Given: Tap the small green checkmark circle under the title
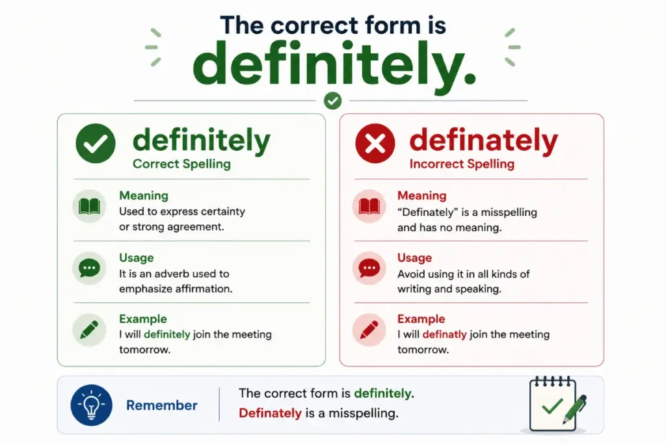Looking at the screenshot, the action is pyautogui.click(x=332, y=101).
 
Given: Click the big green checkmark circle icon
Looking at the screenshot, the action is pyautogui.click(x=96, y=144).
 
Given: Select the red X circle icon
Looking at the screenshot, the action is pyautogui.click(x=375, y=144).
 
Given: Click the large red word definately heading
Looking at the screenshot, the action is pyautogui.click(x=484, y=141).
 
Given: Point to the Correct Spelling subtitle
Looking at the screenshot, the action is pyautogui.click(x=182, y=164).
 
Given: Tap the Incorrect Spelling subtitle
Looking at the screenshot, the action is pyautogui.click(x=462, y=164).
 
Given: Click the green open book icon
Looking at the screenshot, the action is pyautogui.click(x=89, y=206).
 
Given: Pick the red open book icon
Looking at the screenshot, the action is pyautogui.click(x=369, y=206).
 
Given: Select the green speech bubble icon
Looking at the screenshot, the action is pyautogui.click(x=89, y=268).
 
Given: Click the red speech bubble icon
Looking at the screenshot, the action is pyautogui.click(x=369, y=268).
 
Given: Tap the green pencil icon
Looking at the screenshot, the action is pyautogui.click(x=89, y=330).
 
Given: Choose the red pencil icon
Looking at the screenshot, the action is pyautogui.click(x=369, y=330).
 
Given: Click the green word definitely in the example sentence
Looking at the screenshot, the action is pyautogui.click(x=167, y=335).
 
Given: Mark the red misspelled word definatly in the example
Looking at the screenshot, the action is pyautogui.click(x=445, y=335).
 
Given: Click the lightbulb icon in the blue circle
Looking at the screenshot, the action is pyautogui.click(x=91, y=406).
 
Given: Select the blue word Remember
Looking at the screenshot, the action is pyautogui.click(x=162, y=406).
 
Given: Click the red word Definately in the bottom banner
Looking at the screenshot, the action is pyautogui.click(x=270, y=413).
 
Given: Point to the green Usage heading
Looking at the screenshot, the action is pyautogui.click(x=137, y=258).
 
